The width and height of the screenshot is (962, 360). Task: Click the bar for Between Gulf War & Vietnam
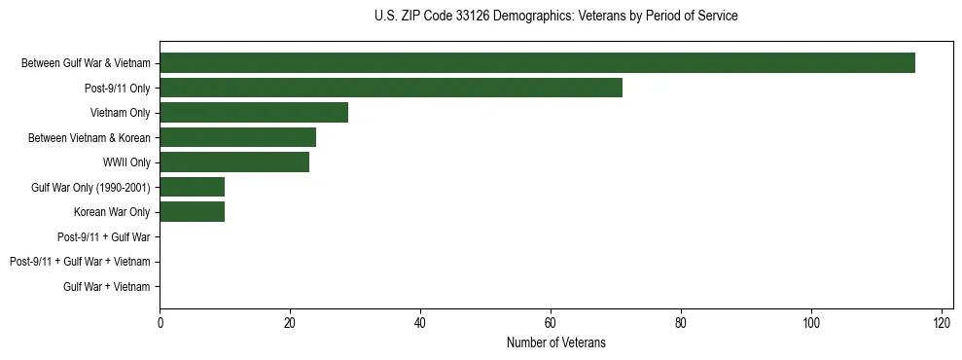point(537,63)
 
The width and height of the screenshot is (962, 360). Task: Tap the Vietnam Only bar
point(254,113)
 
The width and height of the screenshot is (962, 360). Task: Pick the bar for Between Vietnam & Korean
point(237,137)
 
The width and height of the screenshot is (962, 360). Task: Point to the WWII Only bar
point(234,162)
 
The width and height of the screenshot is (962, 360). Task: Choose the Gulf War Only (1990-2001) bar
point(192,187)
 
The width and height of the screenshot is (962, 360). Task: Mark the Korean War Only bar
point(192,212)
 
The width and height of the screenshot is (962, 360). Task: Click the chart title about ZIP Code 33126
point(555,17)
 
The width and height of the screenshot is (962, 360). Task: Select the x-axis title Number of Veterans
point(555,342)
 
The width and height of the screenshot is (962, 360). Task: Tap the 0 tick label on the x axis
point(160,323)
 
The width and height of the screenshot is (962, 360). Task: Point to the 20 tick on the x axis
point(290,323)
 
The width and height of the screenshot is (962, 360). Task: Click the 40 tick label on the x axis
point(420,323)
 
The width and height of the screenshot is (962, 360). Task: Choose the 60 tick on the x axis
point(551,323)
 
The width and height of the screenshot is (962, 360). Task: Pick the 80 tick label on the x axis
point(681,323)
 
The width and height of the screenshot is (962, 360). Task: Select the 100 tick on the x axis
point(811,323)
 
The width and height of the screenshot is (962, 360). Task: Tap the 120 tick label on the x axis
point(942,323)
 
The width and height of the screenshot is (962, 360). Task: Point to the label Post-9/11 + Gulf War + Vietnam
point(80,262)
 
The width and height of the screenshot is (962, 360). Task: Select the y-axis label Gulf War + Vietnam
point(107,286)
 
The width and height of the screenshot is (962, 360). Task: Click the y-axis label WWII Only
point(126,162)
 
